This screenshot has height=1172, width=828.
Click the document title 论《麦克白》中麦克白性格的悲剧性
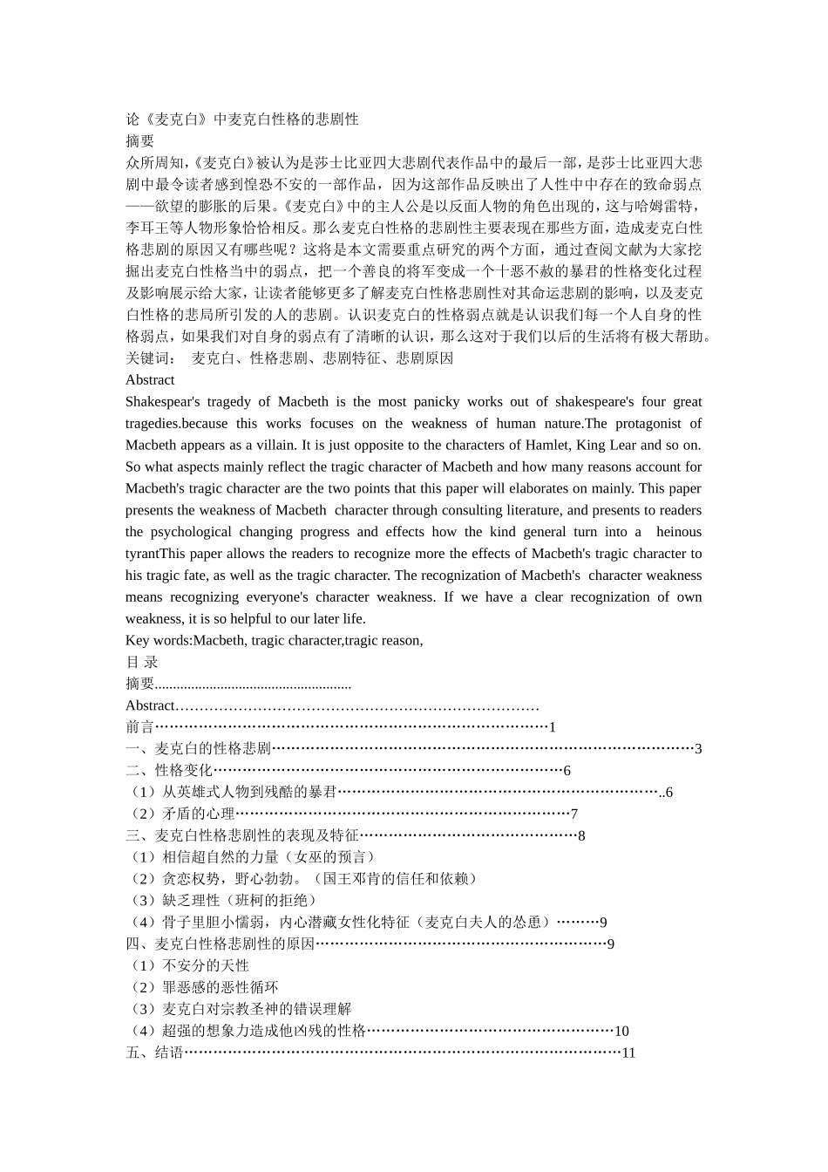tap(241, 119)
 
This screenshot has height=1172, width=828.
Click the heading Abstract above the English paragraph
tap(149, 380)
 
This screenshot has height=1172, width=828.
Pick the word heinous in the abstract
tap(678, 532)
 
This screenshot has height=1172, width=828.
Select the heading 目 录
tap(142, 662)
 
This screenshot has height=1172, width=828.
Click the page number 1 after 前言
tap(552, 727)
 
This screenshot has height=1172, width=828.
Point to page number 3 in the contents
tap(698, 749)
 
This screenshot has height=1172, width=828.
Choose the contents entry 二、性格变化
tap(169, 770)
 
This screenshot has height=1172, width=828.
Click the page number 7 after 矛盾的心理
tap(573, 814)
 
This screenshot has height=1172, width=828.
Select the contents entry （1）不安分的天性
tap(187, 965)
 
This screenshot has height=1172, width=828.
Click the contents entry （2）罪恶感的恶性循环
tap(202, 987)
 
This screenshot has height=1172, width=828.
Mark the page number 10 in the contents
tap(621, 1031)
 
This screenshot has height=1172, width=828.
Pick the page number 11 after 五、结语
tap(628, 1053)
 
